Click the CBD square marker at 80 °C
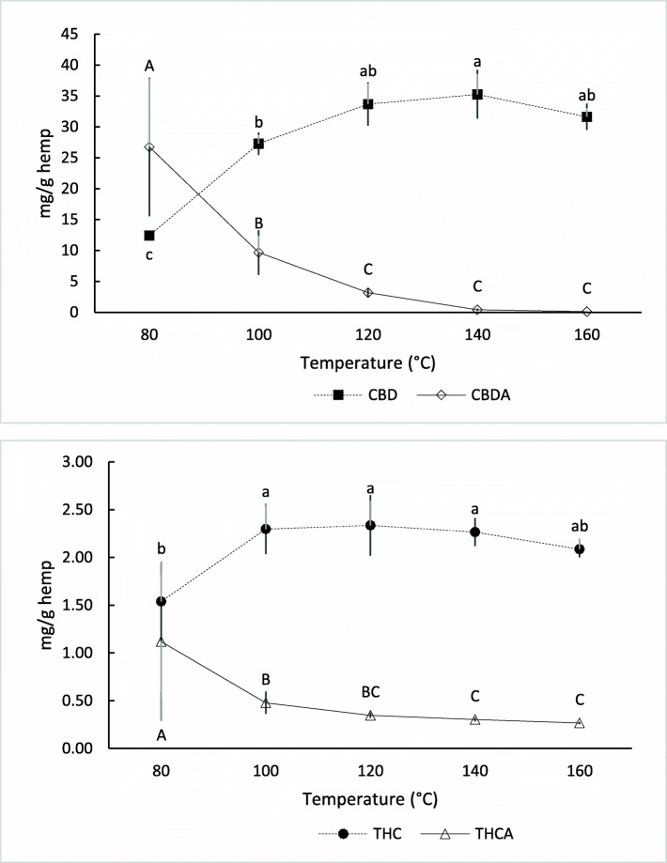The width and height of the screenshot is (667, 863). (148, 235)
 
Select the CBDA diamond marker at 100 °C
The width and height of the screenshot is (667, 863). (258, 253)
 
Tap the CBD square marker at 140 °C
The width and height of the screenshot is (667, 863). (477, 95)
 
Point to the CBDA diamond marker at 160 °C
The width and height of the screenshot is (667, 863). (587, 311)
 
